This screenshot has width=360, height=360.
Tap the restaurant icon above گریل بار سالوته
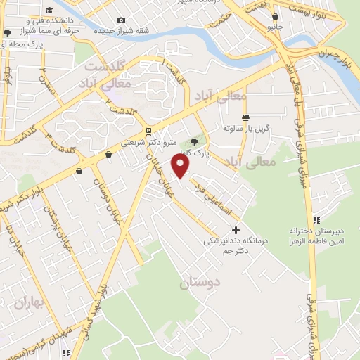point(245,117)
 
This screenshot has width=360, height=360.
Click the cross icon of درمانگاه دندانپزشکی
point(236,230)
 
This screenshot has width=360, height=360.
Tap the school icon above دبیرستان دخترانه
point(317,219)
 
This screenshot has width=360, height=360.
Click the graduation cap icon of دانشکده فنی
point(49,11)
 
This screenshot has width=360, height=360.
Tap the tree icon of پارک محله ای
point(7,33)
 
